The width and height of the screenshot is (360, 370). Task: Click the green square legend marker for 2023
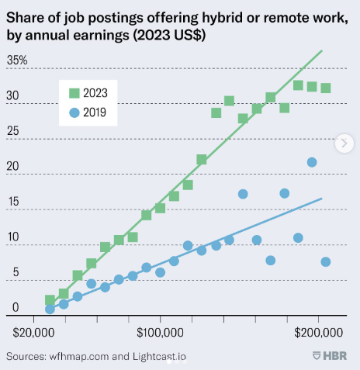pyautogui.click(x=74, y=93)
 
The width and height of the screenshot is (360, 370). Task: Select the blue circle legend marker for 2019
pyautogui.click(x=74, y=112)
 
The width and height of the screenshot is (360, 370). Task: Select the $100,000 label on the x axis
pyautogui.click(x=160, y=332)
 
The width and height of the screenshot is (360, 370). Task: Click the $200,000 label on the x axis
pyautogui.click(x=318, y=332)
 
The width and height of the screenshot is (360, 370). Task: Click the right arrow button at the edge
pyautogui.click(x=344, y=143)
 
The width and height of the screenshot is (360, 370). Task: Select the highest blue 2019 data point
pyautogui.click(x=312, y=162)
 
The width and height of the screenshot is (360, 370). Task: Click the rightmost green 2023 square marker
pyautogui.click(x=326, y=88)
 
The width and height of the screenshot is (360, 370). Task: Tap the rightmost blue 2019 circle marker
pyautogui.click(x=326, y=261)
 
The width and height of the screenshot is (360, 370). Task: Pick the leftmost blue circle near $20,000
pyautogui.click(x=50, y=309)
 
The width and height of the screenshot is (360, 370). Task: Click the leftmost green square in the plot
pyautogui.click(x=50, y=299)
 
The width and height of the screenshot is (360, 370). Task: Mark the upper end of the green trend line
pyautogui.click(x=322, y=50)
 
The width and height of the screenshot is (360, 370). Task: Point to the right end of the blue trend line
pyautogui.click(x=322, y=199)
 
